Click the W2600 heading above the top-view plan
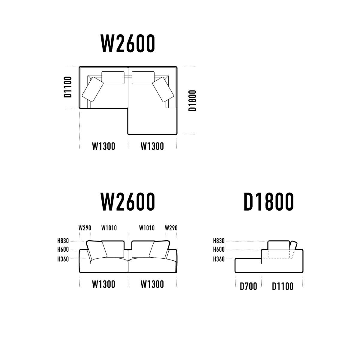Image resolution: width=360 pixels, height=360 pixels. [128, 43]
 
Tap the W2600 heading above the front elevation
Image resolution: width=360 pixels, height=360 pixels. [128, 202]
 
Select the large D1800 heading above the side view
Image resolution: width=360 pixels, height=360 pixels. [269, 202]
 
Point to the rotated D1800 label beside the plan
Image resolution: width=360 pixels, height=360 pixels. [192, 100]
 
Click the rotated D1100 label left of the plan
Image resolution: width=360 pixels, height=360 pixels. [67, 87]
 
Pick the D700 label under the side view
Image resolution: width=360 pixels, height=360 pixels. [248, 286]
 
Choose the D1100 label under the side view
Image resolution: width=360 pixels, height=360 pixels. [283, 286]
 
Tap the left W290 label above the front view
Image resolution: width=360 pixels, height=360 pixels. [85, 228]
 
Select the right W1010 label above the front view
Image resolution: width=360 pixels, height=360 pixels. [147, 228]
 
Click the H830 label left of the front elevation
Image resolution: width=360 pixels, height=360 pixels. [63, 241]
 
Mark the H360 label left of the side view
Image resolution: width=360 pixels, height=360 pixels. [219, 259]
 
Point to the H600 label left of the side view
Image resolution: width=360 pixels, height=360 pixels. [219, 249]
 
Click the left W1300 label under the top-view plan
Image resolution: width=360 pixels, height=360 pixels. [103, 146]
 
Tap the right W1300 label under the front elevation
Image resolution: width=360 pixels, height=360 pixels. [152, 284]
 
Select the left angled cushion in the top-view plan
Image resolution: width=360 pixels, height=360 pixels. [93, 89]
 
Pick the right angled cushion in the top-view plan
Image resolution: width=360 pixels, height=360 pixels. [163, 89]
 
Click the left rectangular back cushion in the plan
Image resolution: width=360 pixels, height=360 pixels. [113, 78]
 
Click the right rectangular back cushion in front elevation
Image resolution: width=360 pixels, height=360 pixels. [143, 249]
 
